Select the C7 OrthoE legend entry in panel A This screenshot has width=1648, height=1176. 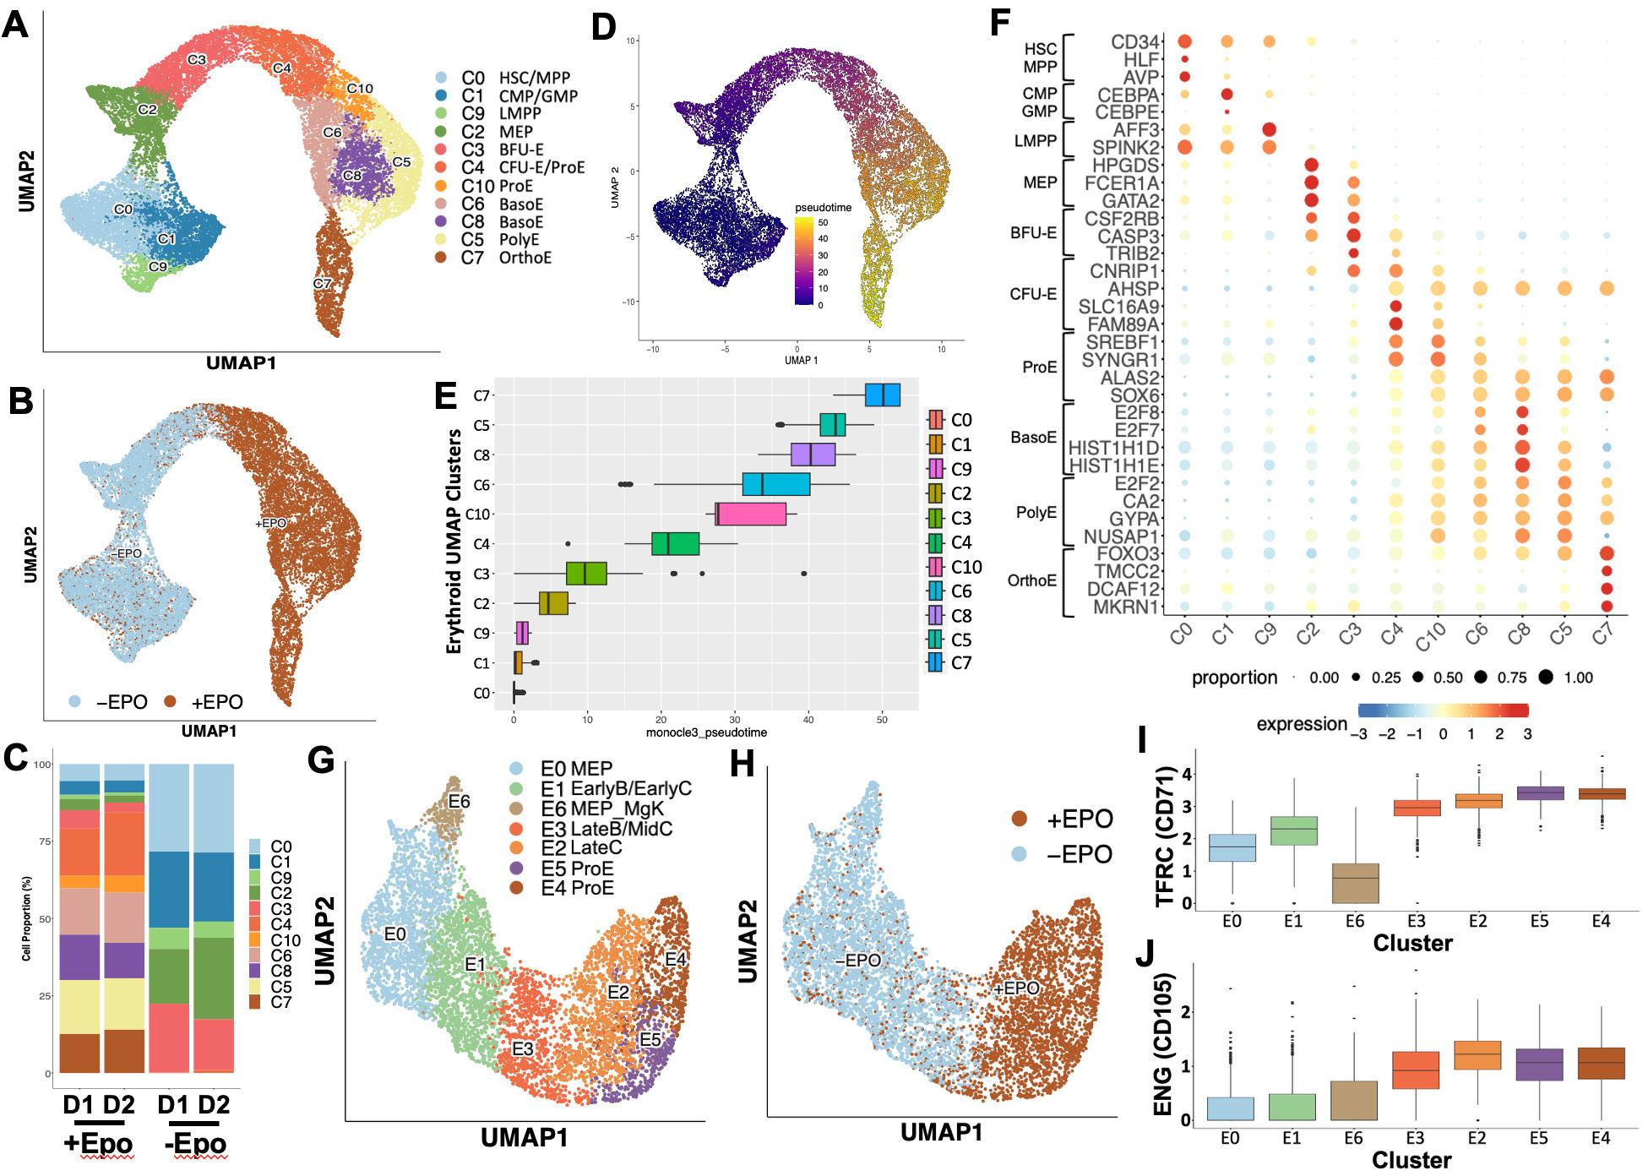pos(505,257)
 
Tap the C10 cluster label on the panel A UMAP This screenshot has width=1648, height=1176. pos(360,89)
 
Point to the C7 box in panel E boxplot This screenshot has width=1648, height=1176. pos(883,395)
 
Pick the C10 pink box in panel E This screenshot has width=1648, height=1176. pos(752,514)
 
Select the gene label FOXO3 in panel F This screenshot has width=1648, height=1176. pos(1127,553)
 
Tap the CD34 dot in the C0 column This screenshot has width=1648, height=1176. pos(1184,41)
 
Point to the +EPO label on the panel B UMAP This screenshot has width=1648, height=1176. pos(270,524)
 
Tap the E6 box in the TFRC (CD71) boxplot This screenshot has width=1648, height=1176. pos(1354,883)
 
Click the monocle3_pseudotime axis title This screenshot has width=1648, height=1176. pos(706,732)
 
